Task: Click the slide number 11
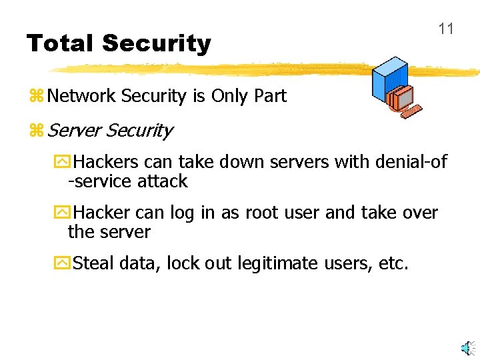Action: [x=446, y=29]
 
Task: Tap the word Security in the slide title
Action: [x=157, y=44]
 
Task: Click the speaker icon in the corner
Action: [x=467, y=347]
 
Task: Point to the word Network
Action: [x=81, y=96]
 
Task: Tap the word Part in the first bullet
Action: [x=270, y=96]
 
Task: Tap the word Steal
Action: [x=94, y=263]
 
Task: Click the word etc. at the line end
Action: [x=393, y=263]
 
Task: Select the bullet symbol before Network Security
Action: [x=36, y=97]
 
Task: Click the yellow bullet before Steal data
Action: [x=61, y=264]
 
